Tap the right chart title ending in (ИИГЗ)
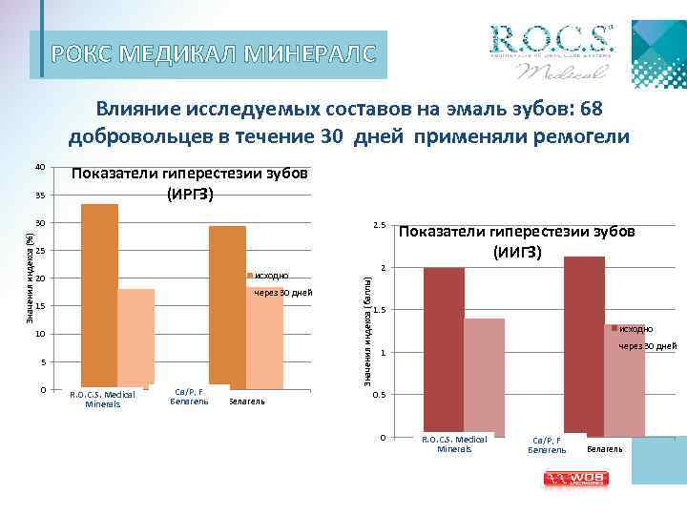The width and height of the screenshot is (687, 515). pyautogui.click(x=517, y=241)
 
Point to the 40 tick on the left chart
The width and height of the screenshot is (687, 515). pyautogui.click(x=40, y=168)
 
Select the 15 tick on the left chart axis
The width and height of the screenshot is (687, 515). pyautogui.click(x=40, y=306)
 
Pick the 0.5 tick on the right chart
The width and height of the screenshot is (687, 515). pyautogui.click(x=379, y=396)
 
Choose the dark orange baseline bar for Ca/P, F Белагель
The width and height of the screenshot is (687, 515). pyautogui.click(x=227, y=305)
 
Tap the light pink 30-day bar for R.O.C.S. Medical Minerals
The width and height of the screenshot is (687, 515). pyautogui.click(x=484, y=377)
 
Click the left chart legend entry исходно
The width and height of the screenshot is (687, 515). pyautogui.click(x=271, y=276)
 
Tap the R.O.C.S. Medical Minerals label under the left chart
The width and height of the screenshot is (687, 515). pyautogui.click(x=103, y=399)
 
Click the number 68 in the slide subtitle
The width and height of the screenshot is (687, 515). pyautogui.click(x=591, y=110)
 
